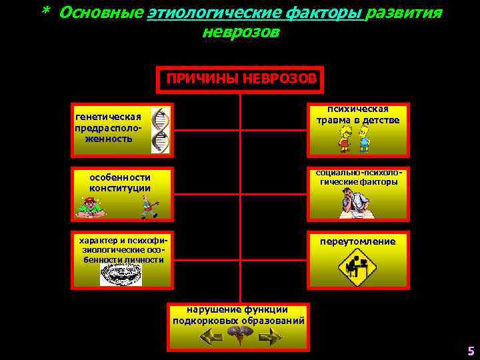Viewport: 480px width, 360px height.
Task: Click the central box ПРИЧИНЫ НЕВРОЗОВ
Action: tap(241, 79)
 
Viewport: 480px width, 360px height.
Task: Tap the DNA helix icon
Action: tap(160, 131)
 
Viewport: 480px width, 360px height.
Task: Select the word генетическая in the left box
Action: tap(109, 117)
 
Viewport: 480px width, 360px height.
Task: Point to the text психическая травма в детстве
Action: tap(359, 115)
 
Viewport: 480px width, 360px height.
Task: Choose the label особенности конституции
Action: tap(120, 183)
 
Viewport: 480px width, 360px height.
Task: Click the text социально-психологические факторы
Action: tap(358, 177)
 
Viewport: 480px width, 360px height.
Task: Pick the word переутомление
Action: tap(357, 241)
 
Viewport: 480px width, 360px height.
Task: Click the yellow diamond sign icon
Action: tap(357, 268)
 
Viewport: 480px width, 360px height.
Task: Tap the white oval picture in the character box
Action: tap(121, 273)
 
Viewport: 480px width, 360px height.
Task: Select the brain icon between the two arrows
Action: tap(240, 337)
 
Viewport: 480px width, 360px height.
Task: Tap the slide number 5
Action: tap(471, 351)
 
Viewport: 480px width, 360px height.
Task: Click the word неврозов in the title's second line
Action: tap(241, 33)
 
